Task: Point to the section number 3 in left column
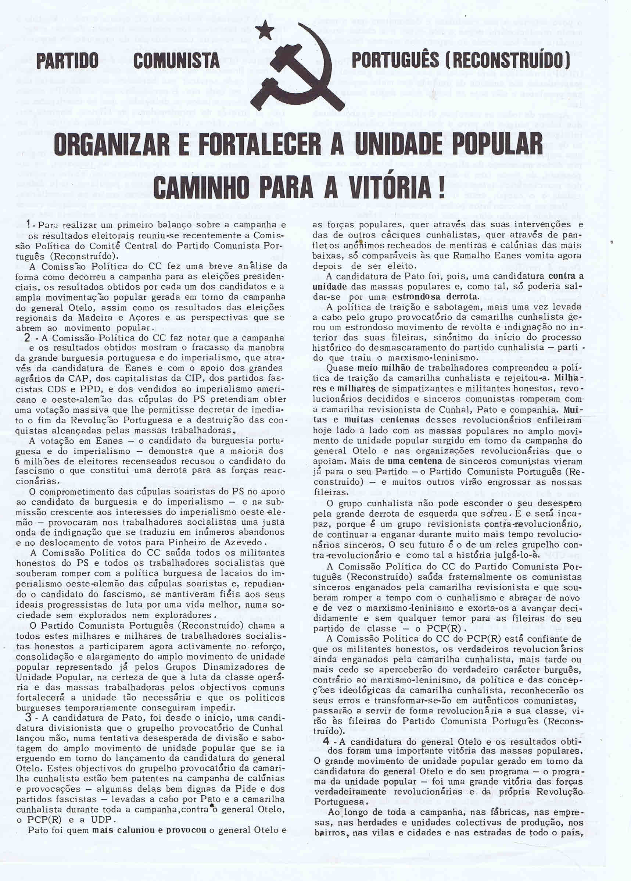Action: (28, 717)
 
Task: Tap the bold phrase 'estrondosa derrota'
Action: (434, 296)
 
